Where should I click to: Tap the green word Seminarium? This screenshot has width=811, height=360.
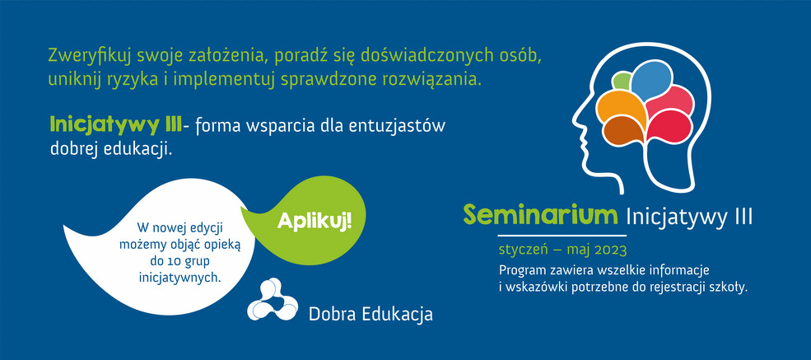coord(540,215)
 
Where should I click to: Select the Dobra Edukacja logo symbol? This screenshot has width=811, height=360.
coord(272,300)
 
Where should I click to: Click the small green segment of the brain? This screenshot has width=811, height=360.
coord(621,82)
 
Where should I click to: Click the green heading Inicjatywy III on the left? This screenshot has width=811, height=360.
coord(115,126)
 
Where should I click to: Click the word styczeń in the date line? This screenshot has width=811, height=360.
coord(520,250)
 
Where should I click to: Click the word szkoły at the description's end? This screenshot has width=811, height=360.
coord(730,288)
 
